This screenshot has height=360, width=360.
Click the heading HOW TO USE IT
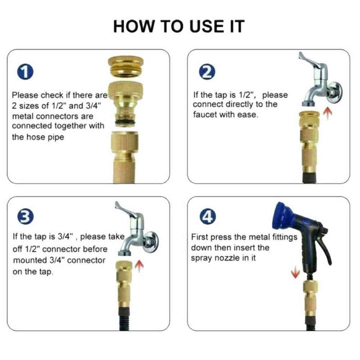click(179, 26)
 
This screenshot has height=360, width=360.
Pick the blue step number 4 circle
click(207, 217)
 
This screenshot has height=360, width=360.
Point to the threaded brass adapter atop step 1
click(125, 69)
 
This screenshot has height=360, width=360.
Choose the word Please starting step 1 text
click(25, 96)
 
